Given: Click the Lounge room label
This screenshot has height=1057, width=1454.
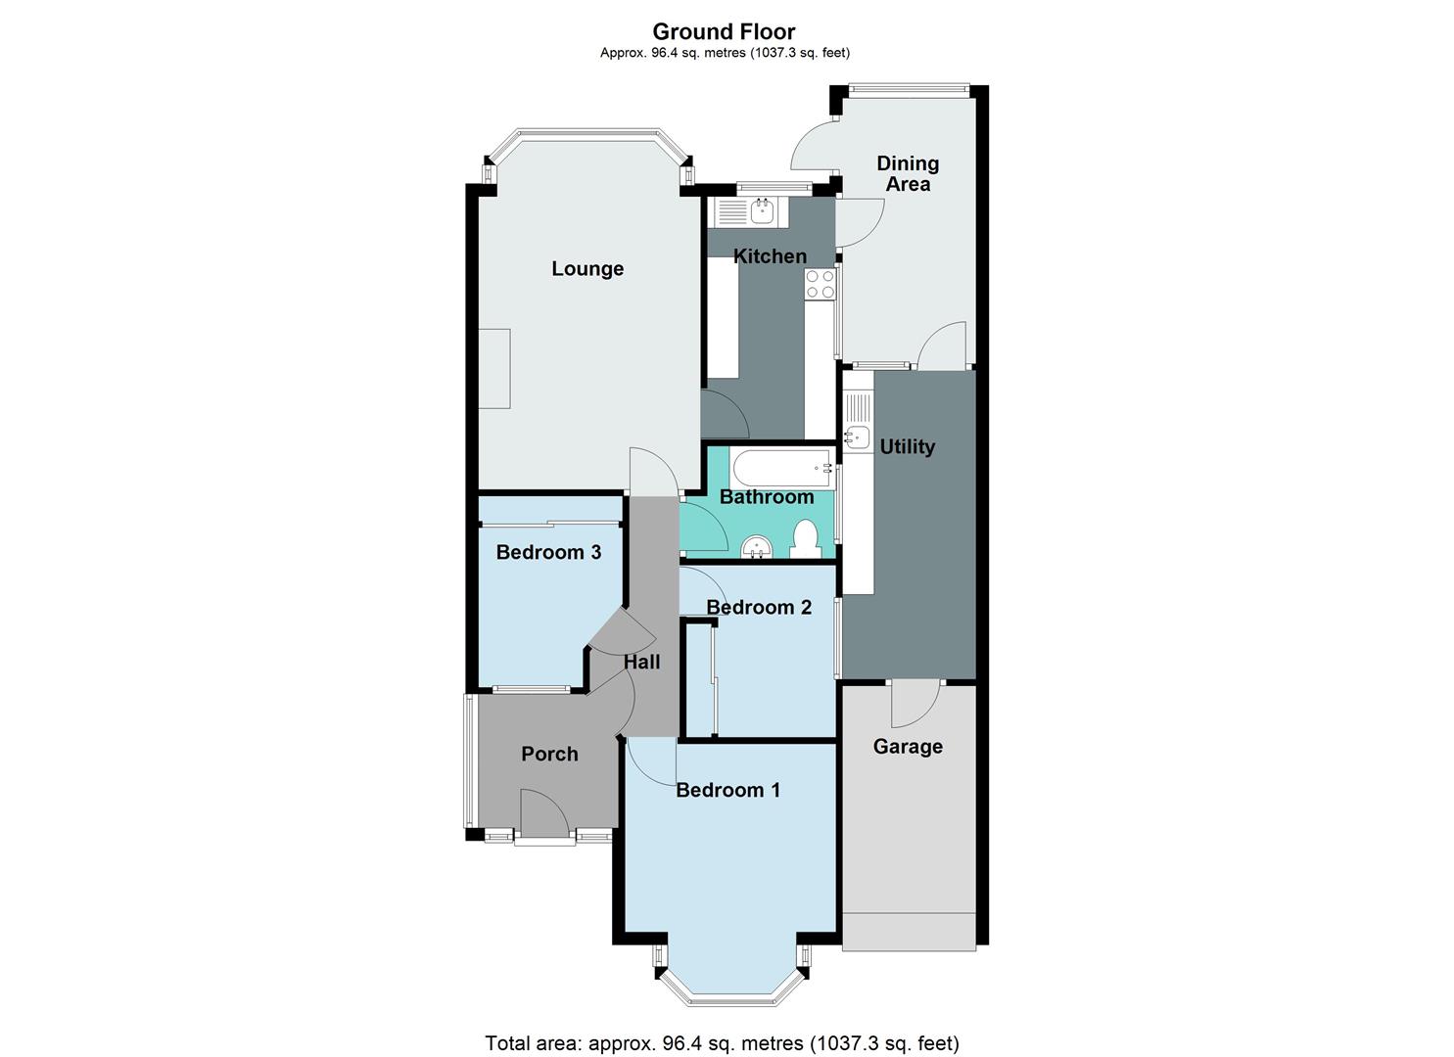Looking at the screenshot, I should [587, 268].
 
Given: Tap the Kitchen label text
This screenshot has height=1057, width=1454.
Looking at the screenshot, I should [771, 256].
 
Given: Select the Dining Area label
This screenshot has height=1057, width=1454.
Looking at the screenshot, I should [908, 173].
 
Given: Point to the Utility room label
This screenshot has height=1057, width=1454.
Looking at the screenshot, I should [907, 447].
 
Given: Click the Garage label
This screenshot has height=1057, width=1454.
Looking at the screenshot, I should [908, 747].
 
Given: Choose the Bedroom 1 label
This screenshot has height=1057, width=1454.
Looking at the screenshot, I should [727, 790].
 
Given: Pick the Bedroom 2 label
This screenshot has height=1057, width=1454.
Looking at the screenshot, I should [759, 608].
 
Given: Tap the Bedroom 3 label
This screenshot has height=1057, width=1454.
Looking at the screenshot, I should [548, 552].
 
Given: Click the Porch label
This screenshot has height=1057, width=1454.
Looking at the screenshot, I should [549, 755].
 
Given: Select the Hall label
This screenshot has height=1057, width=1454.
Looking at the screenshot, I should [642, 663].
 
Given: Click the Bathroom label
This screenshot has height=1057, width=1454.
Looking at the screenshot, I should [767, 497].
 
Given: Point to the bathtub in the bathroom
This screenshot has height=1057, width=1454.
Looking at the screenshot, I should [781, 468].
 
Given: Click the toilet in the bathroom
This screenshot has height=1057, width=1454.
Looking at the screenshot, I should [805, 539].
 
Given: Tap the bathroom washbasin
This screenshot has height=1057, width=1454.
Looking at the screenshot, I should [756, 547].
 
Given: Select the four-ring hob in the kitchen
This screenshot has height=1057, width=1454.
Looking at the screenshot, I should [820, 284].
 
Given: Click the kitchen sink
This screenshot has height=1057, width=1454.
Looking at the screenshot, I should [762, 208].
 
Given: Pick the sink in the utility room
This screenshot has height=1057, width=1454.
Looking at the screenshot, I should [858, 437].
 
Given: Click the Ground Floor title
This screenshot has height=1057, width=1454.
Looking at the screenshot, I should [724, 32].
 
